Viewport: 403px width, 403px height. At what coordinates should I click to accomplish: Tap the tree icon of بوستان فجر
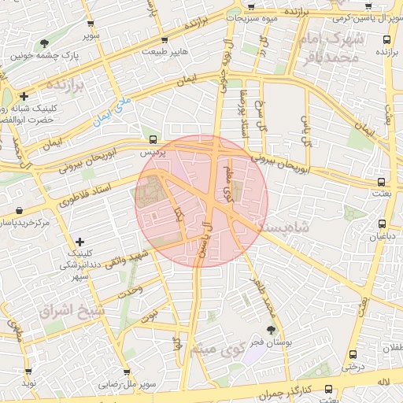pyautogui.click(x=272, y=329)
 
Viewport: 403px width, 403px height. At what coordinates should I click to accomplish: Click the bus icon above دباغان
pyautogui.click(x=380, y=224)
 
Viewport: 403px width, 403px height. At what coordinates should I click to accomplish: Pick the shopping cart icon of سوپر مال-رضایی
pyautogui.click(x=126, y=372)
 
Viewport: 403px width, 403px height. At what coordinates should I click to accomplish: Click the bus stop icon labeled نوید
pyautogui.click(x=29, y=372)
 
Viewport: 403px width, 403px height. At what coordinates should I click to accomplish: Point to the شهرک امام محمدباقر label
pyautogui.click(x=333, y=47)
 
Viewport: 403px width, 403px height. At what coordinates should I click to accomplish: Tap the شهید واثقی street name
pyautogui.click(x=130, y=259)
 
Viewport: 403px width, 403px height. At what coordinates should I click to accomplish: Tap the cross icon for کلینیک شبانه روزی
pyautogui.click(x=24, y=96)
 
